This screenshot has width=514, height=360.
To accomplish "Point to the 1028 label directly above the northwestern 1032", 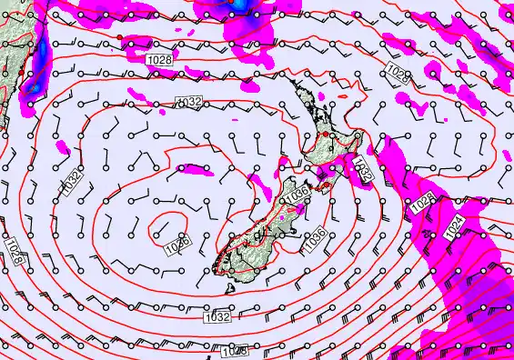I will coord(157,58).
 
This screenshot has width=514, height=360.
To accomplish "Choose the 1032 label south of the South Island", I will coord(216,316).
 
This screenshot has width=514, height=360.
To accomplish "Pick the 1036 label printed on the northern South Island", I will coord(297,195).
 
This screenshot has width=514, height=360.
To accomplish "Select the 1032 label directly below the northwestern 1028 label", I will coord(188,102).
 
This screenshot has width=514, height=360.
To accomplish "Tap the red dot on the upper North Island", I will coord(324,134).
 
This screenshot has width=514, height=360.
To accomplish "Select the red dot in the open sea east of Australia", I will coord(119,36).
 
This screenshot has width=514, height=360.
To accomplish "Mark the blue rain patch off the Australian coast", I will coord(34,84).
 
